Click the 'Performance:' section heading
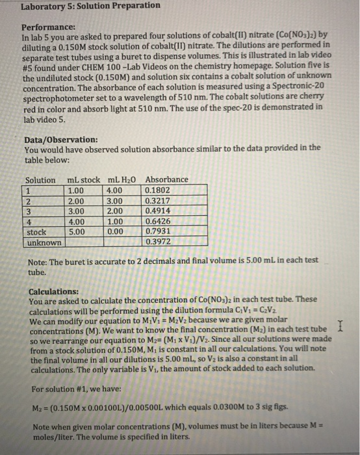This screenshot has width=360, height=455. pyautogui.click(x=49, y=29)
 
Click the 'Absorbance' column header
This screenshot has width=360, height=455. pyautogui.click(x=167, y=179)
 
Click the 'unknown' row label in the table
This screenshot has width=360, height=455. pyautogui.click(x=43, y=242)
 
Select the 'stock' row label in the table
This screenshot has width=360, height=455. pyautogui.click(x=36, y=231)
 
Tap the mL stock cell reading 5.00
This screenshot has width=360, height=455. pyautogui.click(x=76, y=231)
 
